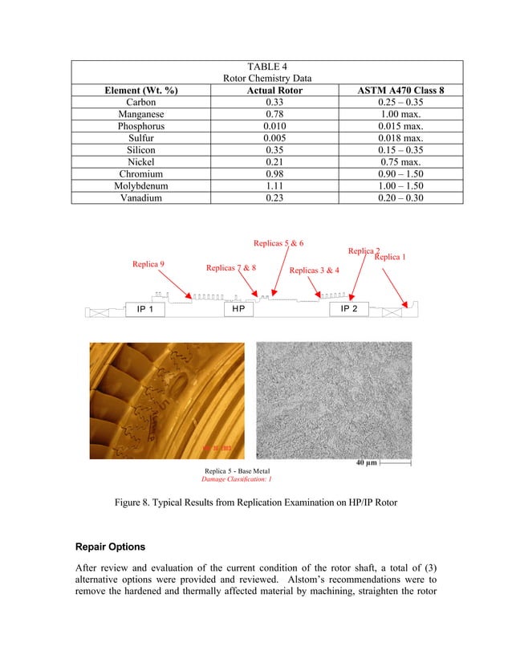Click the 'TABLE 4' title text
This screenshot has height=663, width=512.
tap(266, 66)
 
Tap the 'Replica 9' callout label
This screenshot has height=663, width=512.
tap(149, 263)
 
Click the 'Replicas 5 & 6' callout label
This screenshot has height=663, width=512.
tap(278, 242)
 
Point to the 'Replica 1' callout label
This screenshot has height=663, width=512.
tap(391, 257)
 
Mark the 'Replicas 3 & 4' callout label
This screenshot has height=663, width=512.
tap(314, 270)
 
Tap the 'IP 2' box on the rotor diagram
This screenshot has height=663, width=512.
tap(349, 309)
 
